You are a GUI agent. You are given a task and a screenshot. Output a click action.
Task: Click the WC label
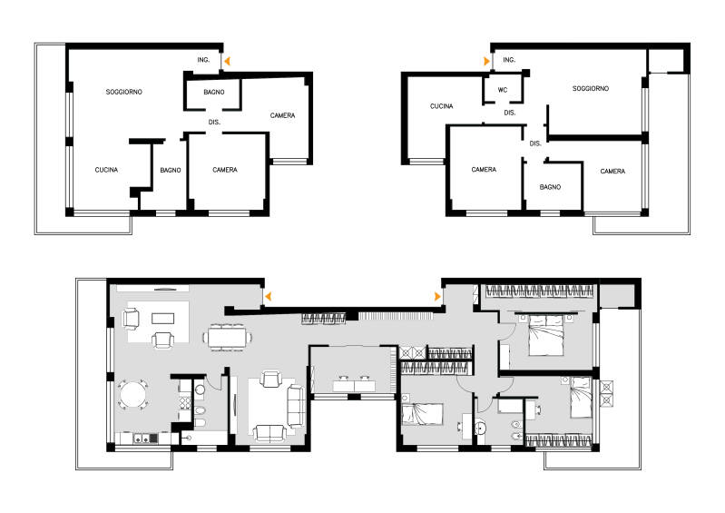pyautogui.click(x=503, y=90)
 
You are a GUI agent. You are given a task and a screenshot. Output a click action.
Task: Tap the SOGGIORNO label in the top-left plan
pyautogui.click(x=124, y=92)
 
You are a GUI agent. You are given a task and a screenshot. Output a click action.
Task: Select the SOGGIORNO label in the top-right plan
pyautogui.click(x=591, y=88)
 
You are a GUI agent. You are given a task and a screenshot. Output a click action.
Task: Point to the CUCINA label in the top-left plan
pyautogui.click(x=106, y=170)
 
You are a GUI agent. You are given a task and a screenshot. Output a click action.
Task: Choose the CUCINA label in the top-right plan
pyautogui.click(x=442, y=106)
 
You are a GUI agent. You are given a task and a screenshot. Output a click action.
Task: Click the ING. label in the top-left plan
pyautogui.click(x=203, y=60)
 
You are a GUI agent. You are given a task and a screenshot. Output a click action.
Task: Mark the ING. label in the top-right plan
pyautogui.click(x=509, y=60)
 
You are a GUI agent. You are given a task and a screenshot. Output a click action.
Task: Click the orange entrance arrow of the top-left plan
pyautogui.click(x=227, y=61)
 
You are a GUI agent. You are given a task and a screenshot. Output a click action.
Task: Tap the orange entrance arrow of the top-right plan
pyautogui.click(x=486, y=61)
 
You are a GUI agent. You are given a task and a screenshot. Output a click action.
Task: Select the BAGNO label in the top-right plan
pyautogui.click(x=550, y=187)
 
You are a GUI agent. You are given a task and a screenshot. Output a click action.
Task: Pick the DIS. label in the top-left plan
pyautogui.click(x=214, y=122)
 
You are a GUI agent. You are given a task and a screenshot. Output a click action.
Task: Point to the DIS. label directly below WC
pyautogui.click(x=510, y=113)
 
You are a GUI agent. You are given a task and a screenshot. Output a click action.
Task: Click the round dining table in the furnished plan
pyautogui.click(x=132, y=395)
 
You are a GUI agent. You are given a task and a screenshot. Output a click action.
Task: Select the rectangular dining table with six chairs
pyautogui.click(x=227, y=337)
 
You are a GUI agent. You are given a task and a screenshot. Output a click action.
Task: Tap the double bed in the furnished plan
pyautogui.click(x=546, y=334)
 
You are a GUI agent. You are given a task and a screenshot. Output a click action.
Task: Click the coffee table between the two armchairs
pyautogui.click(x=163, y=319)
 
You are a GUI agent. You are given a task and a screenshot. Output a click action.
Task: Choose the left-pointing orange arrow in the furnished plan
pyautogui.click(x=268, y=297)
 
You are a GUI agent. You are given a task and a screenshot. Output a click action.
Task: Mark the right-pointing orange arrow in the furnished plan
pyautogui.click(x=437, y=297)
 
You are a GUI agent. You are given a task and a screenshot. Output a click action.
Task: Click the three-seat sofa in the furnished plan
pyautogui.click(x=297, y=405)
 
